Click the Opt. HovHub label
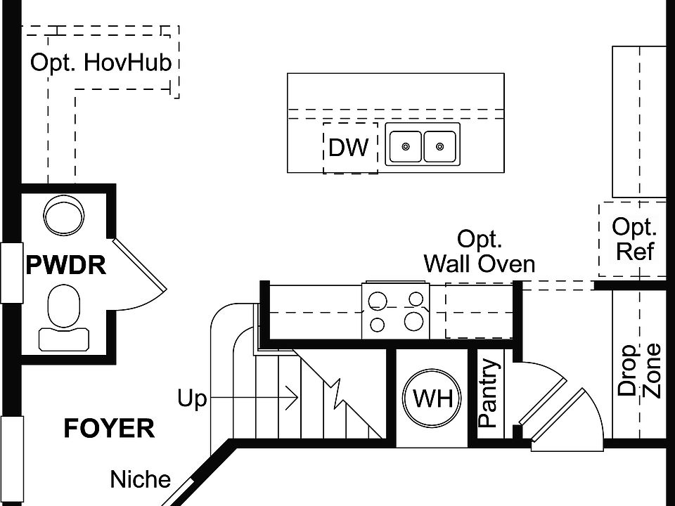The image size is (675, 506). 101,63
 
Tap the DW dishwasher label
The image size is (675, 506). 349,148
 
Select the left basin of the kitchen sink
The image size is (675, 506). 405,146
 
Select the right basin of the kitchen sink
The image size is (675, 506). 440,146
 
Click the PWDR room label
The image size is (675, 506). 65,266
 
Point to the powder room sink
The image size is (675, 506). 63,214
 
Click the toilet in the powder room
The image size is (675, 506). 64,316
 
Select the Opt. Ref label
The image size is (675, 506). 634,239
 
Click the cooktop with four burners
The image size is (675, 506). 397,311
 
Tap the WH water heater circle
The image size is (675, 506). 432,398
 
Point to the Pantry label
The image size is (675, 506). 488,394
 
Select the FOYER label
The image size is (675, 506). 109,428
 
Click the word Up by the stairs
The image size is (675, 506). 192,400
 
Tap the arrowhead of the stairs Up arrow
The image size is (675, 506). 293,399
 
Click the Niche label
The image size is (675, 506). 141,480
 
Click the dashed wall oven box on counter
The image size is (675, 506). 478,311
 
